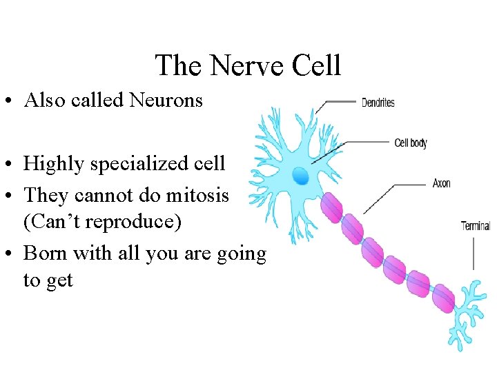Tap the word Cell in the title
click(x=316, y=66)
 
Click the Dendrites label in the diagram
click(x=378, y=103)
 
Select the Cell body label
click(x=411, y=143)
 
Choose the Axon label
click(x=442, y=183)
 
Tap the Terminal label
click(x=476, y=225)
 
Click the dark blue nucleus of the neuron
click(x=300, y=176)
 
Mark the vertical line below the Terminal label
click(x=474, y=252)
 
